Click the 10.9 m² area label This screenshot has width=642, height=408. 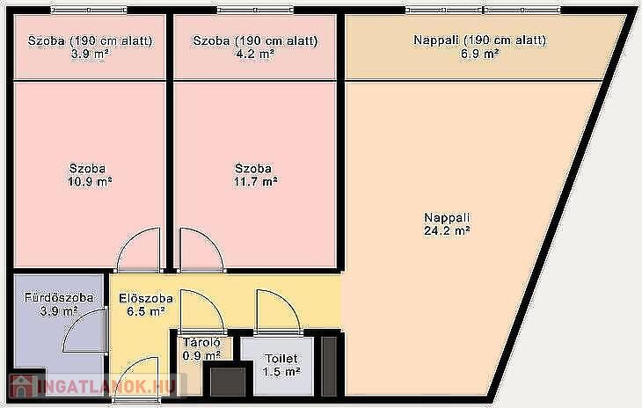(x=90, y=175)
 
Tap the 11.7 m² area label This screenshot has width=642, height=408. (x=255, y=175)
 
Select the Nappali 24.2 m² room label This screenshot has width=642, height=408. (x=447, y=224)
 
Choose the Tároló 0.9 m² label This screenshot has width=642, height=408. (x=202, y=349)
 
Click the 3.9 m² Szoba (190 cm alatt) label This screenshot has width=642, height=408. (x=90, y=47)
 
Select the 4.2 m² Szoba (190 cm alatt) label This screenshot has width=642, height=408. (x=255, y=47)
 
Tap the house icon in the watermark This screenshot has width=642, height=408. (x=23, y=386)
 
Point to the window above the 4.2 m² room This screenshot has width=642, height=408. (x=256, y=10)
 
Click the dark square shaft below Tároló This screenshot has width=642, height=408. (x=228, y=381)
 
